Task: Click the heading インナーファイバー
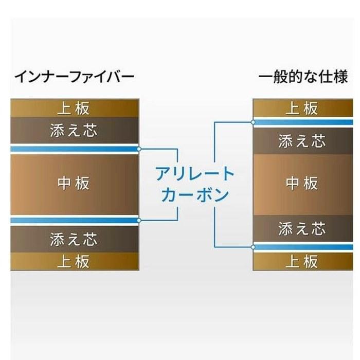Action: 75,77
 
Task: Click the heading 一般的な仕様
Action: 303,77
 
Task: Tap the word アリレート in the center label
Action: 195,174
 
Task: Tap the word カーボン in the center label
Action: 195,195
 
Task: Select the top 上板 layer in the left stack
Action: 75,108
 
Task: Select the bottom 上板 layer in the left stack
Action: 75,261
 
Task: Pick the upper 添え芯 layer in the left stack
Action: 75,131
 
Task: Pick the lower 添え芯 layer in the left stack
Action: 75,239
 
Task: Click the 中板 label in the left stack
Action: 74,183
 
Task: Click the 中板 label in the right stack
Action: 302,183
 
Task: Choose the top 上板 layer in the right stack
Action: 303,108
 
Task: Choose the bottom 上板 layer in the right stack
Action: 303,261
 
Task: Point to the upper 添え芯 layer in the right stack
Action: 303,141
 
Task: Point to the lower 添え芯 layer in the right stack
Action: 303,228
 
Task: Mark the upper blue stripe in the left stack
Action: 75,149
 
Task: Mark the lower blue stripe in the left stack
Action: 75,221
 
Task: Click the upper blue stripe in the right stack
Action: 303,122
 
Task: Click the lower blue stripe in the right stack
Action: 303,247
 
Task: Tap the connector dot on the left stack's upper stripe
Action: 139,149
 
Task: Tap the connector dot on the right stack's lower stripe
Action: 253,247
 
